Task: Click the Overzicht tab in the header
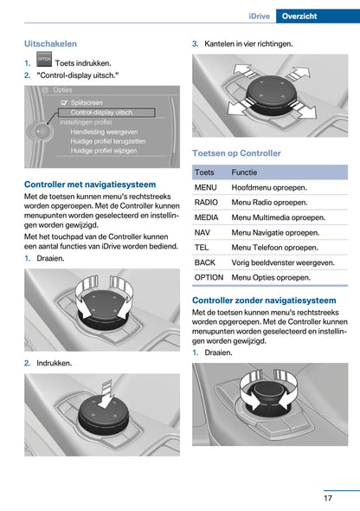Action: [324, 16]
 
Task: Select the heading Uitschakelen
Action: [50, 43]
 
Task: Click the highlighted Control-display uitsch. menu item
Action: [101, 113]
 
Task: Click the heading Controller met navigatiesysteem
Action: [90, 184]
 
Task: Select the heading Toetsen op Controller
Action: [236, 153]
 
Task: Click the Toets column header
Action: [205, 172]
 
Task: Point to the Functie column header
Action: [245, 172]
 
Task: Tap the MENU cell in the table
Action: [206, 187]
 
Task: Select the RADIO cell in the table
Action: [207, 203]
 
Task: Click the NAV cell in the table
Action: [203, 233]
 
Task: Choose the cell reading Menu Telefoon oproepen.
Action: [275, 248]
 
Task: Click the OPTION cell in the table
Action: [209, 277]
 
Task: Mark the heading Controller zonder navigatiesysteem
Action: [264, 301]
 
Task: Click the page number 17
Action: [329, 497]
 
